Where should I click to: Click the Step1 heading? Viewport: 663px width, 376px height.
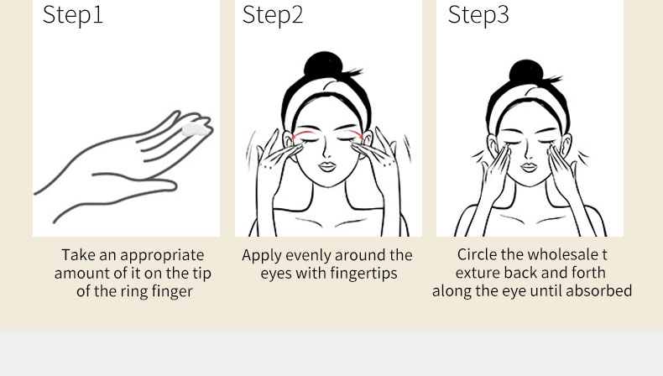[x=73, y=15]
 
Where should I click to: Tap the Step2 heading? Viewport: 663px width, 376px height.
[x=273, y=15]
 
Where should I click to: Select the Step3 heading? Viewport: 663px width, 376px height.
[x=478, y=15]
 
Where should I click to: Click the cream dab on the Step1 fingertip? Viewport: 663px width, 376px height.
[x=195, y=130]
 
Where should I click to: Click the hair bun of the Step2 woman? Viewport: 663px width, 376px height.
[x=323, y=65]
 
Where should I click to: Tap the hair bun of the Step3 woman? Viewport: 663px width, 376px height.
[x=526, y=72]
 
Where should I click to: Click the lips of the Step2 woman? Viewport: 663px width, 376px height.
[x=326, y=166]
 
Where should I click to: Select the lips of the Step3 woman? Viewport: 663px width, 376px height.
[x=529, y=167]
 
